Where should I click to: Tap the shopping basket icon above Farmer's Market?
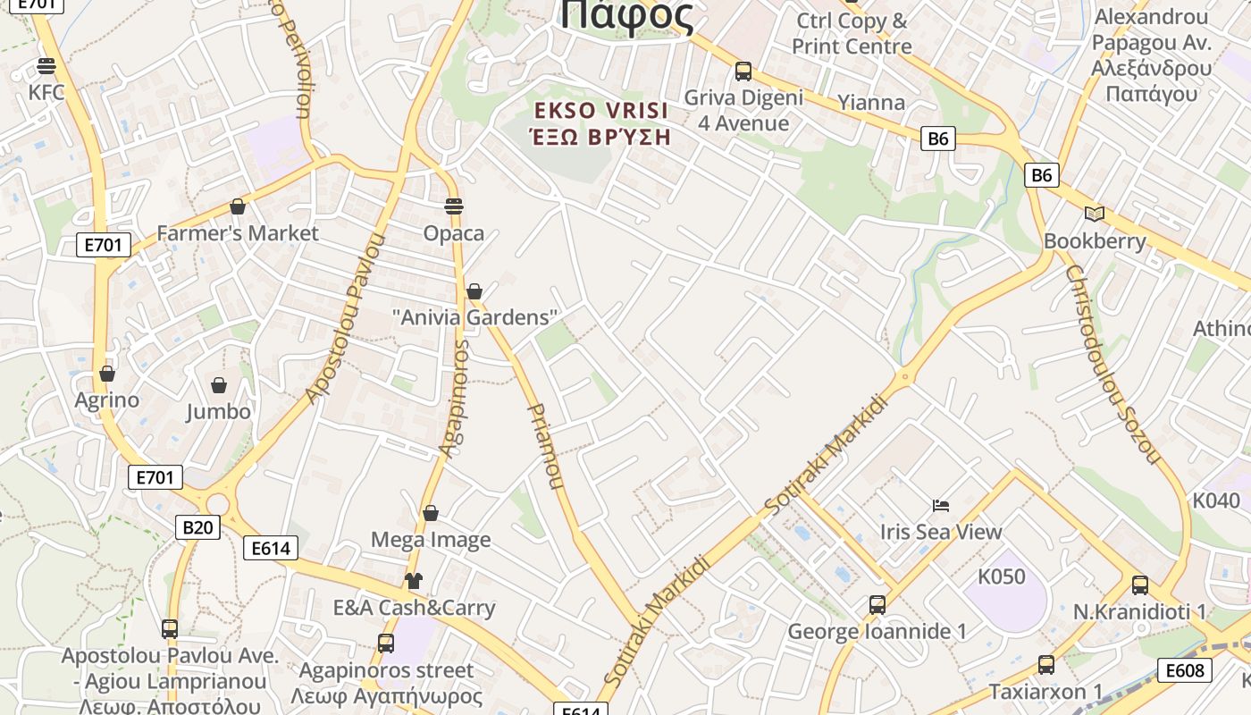click(x=238, y=207)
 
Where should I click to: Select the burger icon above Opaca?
click(x=454, y=206)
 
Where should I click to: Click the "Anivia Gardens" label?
click(x=474, y=317)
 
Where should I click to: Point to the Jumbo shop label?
click(x=218, y=412)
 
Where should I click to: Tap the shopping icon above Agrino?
click(x=107, y=374)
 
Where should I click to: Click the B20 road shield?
click(x=197, y=527)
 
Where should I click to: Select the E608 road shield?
click(x=1185, y=670)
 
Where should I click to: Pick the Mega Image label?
click(x=431, y=540)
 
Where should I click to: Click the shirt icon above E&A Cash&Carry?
click(x=413, y=581)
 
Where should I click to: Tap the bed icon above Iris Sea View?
click(x=941, y=506)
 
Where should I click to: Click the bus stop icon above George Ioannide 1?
click(x=877, y=605)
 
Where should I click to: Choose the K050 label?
click(x=1001, y=576)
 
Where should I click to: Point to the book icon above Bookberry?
click(x=1095, y=214)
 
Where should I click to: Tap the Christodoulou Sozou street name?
click(x=1113, y=363)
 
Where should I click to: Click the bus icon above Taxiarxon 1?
click(x=1046, y=665)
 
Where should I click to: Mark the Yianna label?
click(x=871, y=102)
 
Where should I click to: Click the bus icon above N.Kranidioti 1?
click(x=1140, y=585)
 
